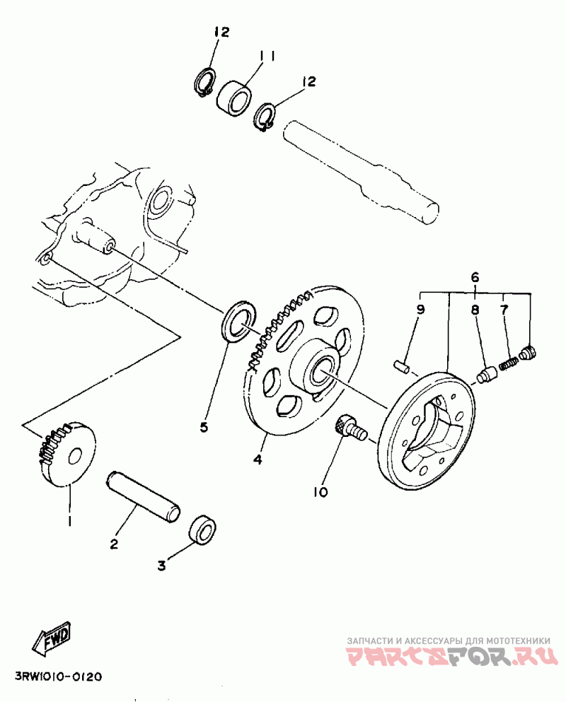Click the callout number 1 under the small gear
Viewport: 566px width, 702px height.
point(70,521)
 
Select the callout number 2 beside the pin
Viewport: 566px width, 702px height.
point(113,544)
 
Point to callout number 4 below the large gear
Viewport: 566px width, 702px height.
point(258,460)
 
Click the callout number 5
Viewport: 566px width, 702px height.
point(204,427)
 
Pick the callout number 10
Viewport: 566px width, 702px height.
point(322,491)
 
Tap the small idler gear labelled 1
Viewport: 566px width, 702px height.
point(68,455)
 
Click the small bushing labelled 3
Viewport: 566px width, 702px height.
point(204,531)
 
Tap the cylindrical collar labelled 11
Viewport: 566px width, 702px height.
point(234,97)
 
